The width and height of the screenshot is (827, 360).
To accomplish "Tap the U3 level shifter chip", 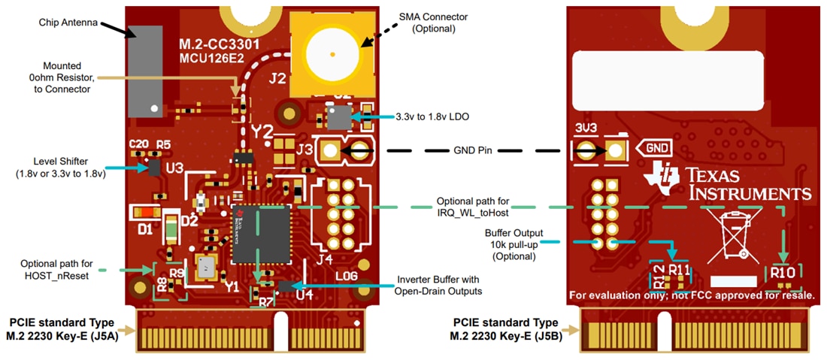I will (x=154, y=166).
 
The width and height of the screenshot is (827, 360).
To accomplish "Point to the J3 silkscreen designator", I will (x=304, y=149).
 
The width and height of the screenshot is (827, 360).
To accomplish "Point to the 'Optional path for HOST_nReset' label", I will (x=57, y=269).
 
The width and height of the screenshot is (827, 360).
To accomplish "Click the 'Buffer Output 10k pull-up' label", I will (x=513, y=244).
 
